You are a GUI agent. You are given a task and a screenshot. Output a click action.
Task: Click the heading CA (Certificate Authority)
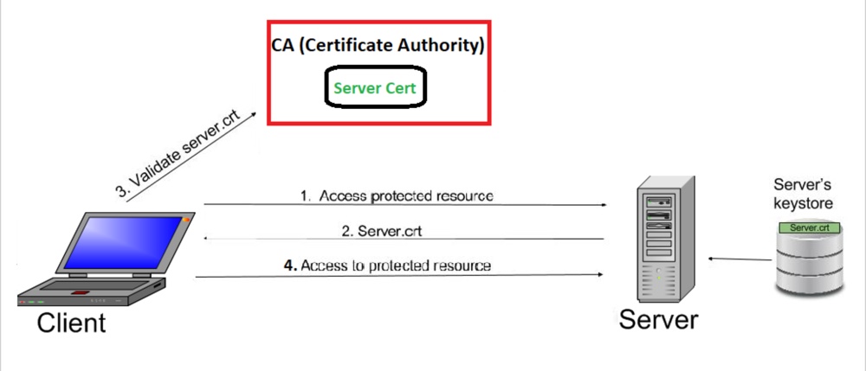(377, 46)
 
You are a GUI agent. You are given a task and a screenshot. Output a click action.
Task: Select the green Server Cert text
(376, 88)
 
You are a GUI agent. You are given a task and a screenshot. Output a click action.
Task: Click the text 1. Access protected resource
(397, 195)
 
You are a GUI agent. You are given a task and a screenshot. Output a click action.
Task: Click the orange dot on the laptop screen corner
(184, 222)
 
